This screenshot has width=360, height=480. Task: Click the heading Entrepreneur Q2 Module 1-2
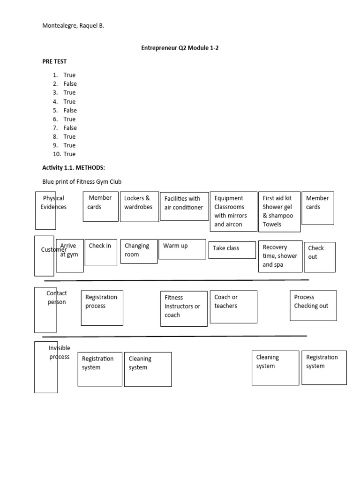pos(180,48)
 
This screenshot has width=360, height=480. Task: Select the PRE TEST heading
pos(54,61)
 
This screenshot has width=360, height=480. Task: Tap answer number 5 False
pos(70,110)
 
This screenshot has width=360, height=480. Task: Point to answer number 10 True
pos(69,154)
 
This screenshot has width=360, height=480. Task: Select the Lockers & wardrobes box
pos(139,206)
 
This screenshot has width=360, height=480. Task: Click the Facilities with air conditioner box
pos(184,206)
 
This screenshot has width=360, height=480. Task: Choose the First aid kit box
pos(279,211)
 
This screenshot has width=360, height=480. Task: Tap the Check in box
pos(101,252)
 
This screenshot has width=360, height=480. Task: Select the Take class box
pos(232,250)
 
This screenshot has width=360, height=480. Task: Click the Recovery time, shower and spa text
pos(280,256)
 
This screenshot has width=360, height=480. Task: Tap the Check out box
pos(319,256)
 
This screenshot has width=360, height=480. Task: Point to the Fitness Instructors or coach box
pos(183,308)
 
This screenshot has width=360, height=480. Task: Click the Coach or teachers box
pos(233,307)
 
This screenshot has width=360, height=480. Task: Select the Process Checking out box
pos(313,305)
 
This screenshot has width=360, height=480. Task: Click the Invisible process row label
pos(59,352)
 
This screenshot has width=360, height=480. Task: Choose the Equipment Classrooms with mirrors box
pos(233,211)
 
